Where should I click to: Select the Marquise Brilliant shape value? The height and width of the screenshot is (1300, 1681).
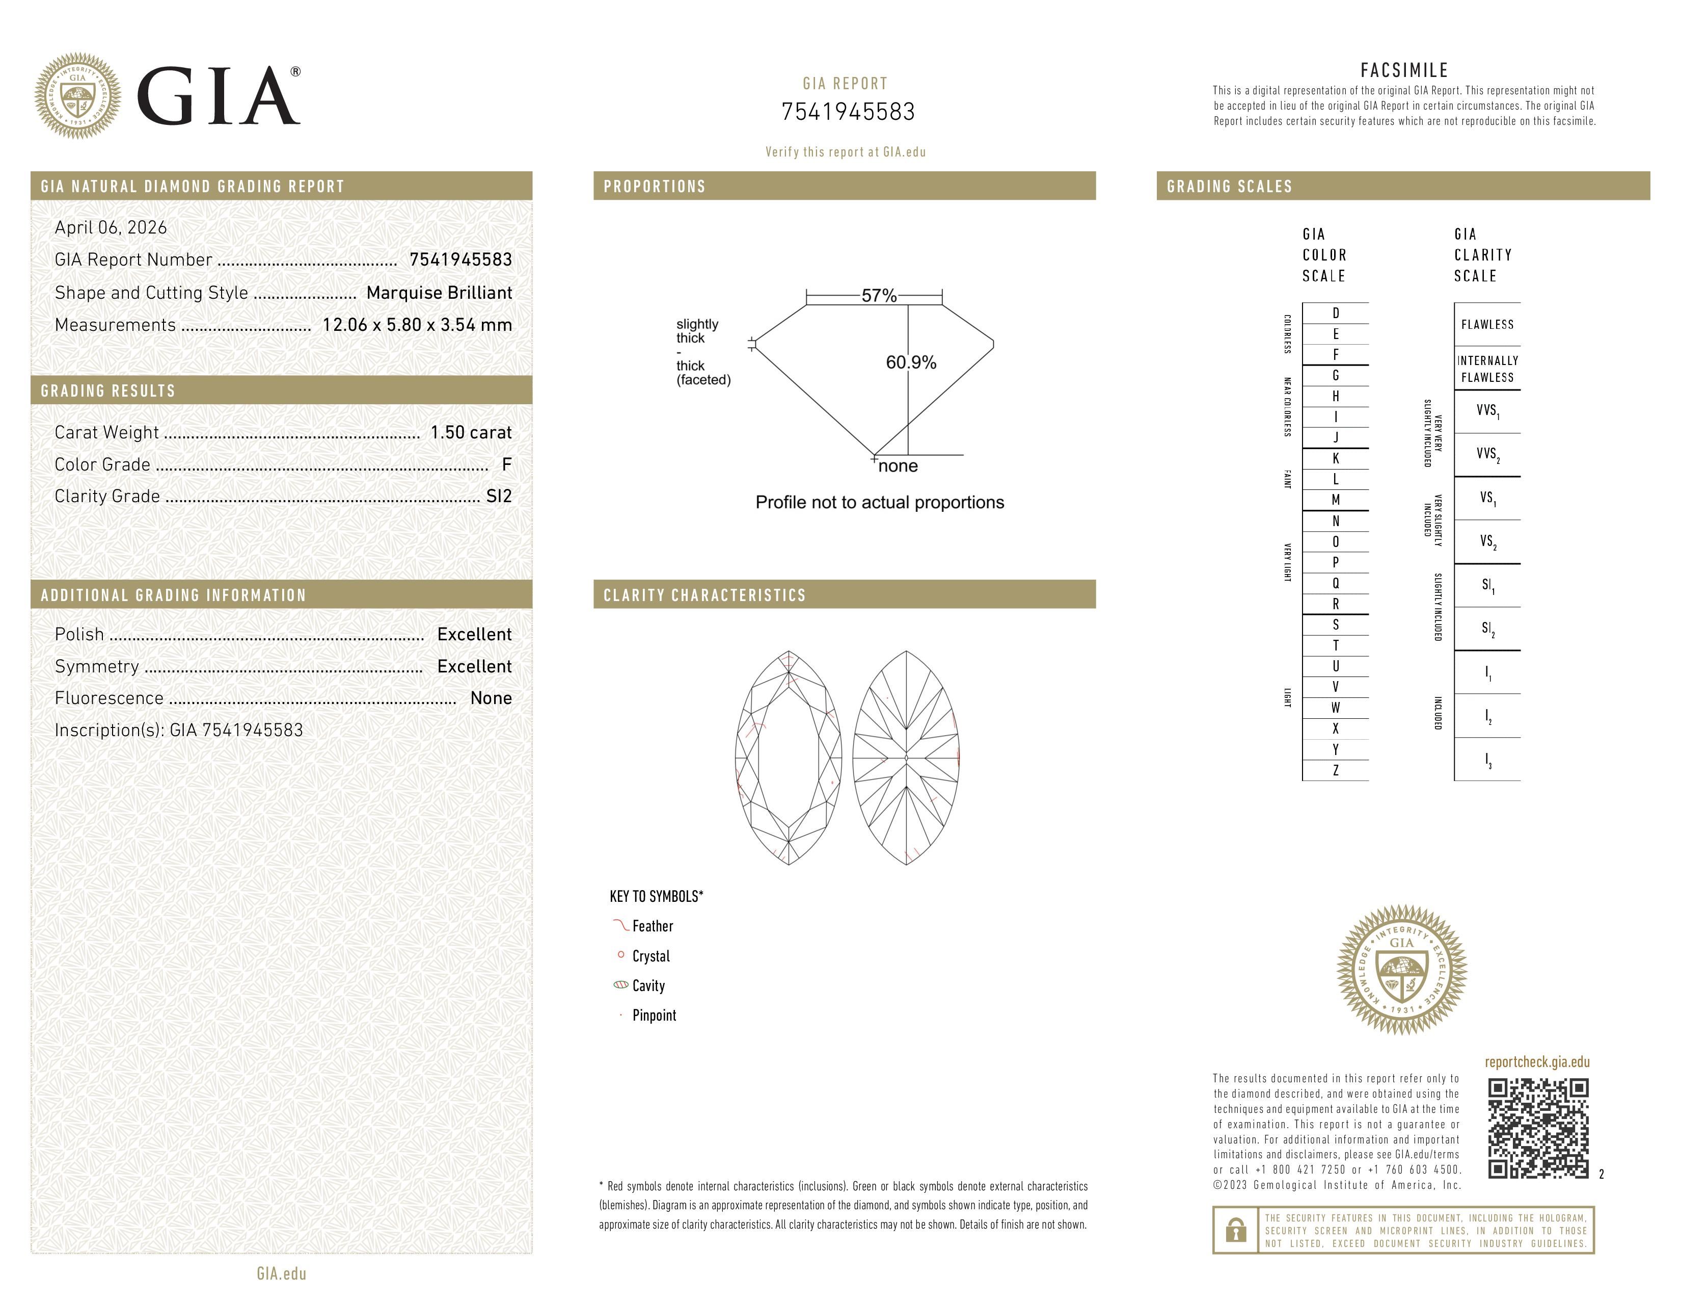click(439, 293)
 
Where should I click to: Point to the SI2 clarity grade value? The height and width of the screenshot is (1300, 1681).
click(499, 496)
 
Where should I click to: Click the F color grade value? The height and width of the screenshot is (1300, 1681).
click(506, 464)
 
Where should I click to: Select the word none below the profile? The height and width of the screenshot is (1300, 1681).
click(898, 466)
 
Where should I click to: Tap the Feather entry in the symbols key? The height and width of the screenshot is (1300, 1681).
click(652, 926)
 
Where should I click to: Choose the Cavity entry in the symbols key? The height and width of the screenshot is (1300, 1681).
click(648, 986)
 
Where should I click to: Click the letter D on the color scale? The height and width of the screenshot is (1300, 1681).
click(1336, 314)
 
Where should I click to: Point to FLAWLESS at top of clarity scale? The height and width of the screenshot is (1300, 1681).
click(1487, 325)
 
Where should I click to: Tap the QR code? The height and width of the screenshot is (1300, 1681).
click(1538, 1128)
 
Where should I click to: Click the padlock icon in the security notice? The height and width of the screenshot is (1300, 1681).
click(1235, 1230)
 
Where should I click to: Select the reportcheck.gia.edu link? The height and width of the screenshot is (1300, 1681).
click(1537, 1062)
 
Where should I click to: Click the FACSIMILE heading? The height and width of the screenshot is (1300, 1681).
click(1404, 70)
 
